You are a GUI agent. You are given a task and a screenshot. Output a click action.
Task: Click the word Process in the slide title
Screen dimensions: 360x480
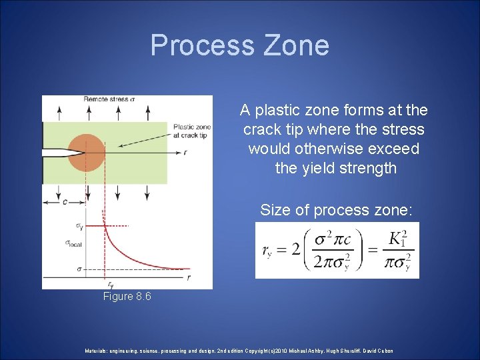199,45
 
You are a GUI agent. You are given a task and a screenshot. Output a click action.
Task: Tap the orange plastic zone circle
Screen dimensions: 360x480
86,152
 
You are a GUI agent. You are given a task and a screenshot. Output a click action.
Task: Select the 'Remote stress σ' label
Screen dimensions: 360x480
109,99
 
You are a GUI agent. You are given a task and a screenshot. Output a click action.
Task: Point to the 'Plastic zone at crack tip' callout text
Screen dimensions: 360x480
191,131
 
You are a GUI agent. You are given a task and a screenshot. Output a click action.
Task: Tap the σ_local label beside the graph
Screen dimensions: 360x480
73,243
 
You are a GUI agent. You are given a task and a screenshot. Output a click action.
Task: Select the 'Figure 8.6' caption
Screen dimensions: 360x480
127,296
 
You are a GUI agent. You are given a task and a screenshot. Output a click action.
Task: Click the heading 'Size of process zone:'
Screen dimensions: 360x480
337,210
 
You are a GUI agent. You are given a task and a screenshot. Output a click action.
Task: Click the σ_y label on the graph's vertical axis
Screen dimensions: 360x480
79,227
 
